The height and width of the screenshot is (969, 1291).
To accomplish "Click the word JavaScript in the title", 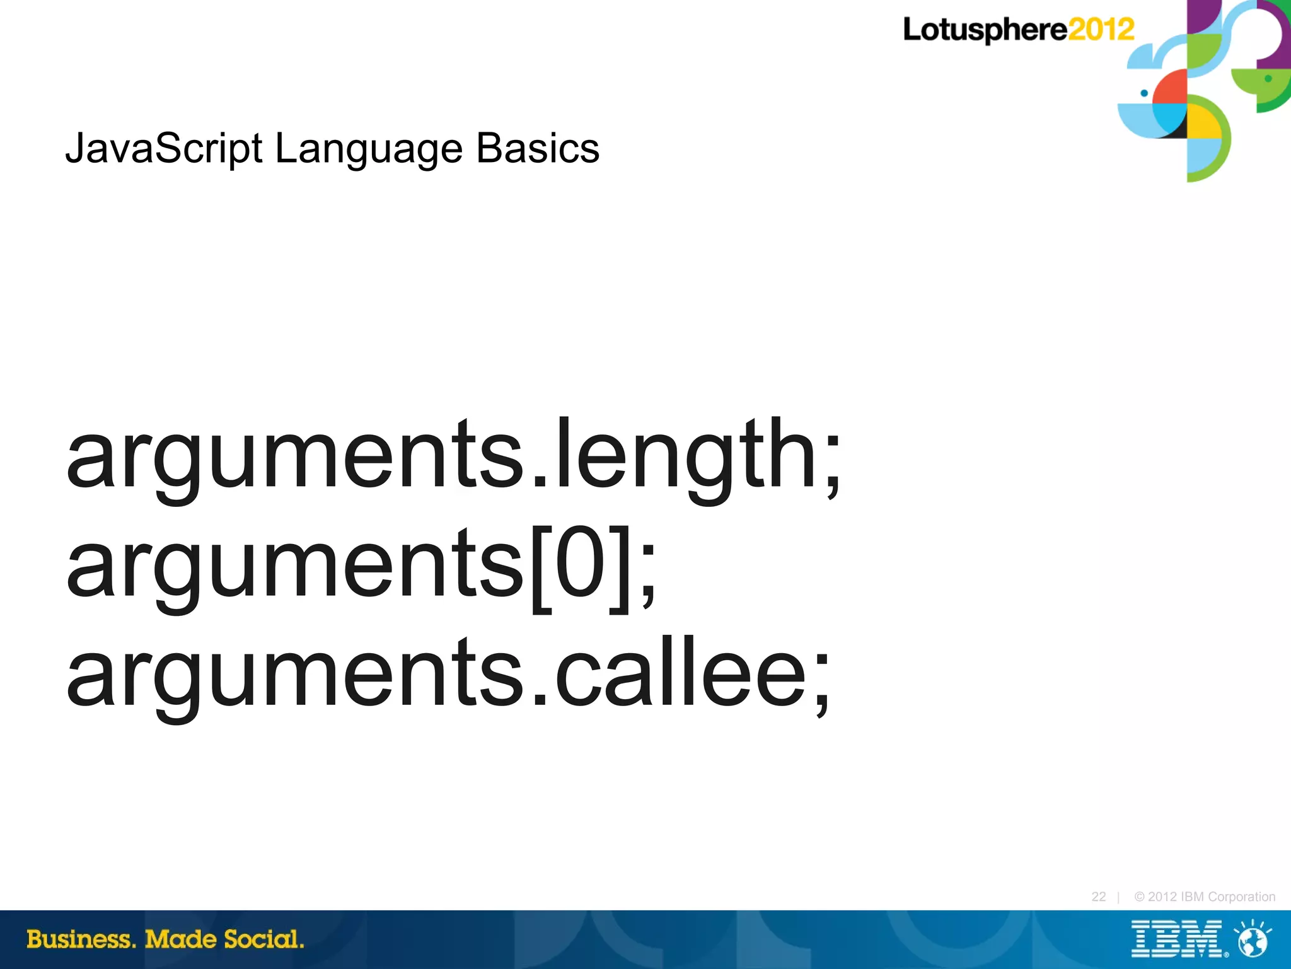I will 163,149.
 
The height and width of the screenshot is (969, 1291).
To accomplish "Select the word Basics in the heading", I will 537,149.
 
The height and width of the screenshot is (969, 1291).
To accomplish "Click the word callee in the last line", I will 681,673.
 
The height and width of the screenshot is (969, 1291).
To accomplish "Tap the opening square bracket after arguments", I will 541,567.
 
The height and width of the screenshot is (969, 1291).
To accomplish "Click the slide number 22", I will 1098,896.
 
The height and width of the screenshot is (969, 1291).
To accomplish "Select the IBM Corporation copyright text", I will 1205,896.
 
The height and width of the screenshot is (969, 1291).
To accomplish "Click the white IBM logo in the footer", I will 1178,939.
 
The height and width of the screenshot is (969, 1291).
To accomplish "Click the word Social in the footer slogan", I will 263,939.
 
